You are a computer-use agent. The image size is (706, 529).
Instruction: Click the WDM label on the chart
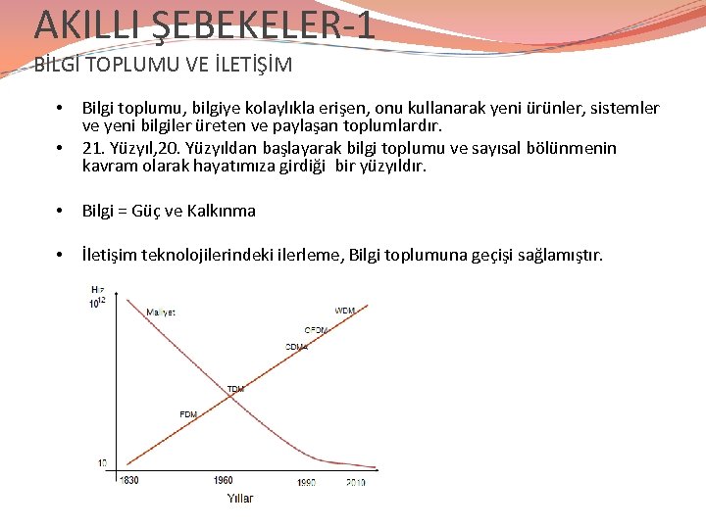(x=345, y=311)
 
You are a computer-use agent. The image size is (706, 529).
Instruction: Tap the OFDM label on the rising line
(x=316, y=330)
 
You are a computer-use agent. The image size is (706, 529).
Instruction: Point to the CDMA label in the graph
(x=296, y=347)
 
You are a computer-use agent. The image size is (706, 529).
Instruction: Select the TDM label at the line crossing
(x=235, y=389)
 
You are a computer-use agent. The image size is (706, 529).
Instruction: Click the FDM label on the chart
(x=188, y=414)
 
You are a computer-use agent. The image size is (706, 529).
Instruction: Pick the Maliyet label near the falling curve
(x=161, y=313)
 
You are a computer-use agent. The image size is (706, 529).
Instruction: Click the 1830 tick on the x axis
(x=129, y=480)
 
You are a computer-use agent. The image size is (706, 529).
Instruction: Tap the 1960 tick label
(x=223, y=480)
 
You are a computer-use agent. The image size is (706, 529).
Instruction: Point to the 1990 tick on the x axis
(x=306, y=482)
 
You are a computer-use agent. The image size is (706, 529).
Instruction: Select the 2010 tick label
(x=357, y=482)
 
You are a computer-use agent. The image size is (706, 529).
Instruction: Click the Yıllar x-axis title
(x=240, y=499)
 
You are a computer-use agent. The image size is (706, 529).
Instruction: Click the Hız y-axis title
(x=97, y=290)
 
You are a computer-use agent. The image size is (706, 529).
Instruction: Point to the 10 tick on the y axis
(x=102, y=461)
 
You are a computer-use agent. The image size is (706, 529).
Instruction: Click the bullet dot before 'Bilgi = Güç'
(x=61, y=212)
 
